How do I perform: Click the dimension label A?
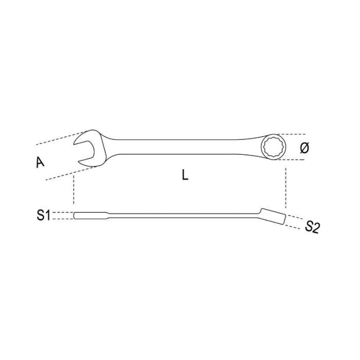pyautogui.click(x=40, y=163)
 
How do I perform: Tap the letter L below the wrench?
pyautogui.click(x=185, y=175)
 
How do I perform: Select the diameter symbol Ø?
pyautogui.click(x=304, y=148)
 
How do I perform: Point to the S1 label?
pyautogui.click(x=43, y=215)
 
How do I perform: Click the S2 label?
pyautogui.click(x=312, y=227)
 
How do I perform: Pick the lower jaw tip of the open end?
pyautogui.click(x=79, y=163)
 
